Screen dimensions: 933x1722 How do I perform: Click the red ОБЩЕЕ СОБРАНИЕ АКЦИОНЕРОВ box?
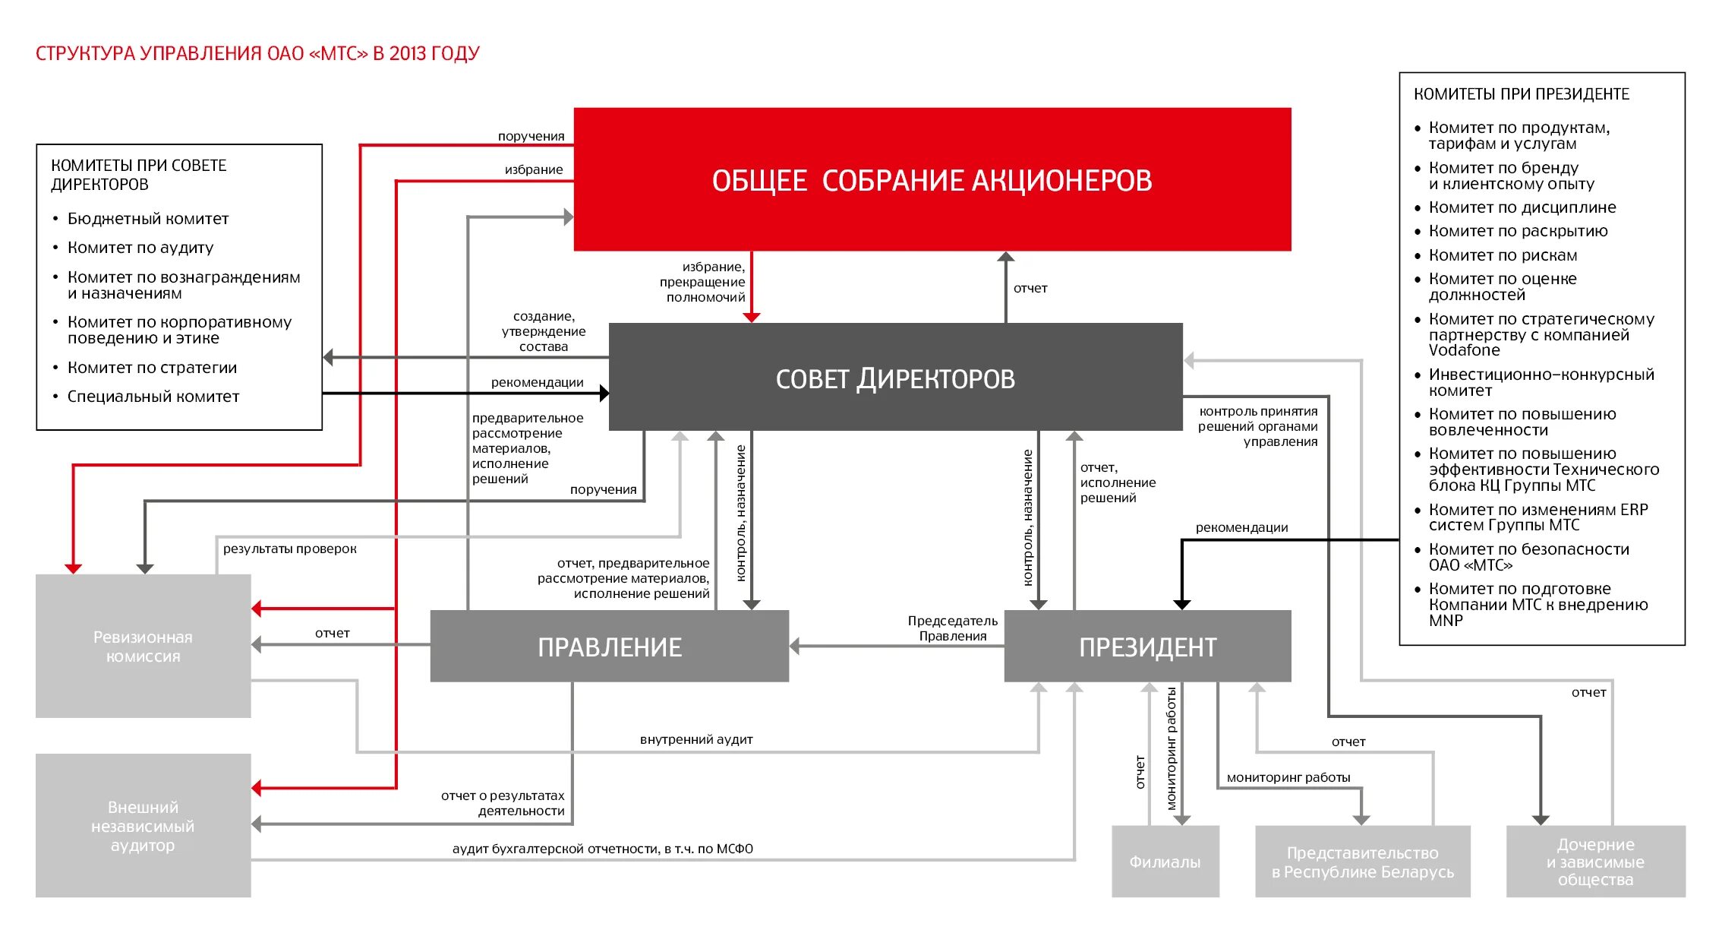pyautogui.click(x=932, y=179)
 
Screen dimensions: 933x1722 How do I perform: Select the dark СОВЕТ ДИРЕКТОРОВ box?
pyautogui.click(x=895, y=378)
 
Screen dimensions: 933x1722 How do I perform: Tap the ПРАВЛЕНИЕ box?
pyautogui.click(x=609, y=646)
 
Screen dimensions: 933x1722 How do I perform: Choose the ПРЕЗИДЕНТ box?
pyautogui.click(x=1147, y=646)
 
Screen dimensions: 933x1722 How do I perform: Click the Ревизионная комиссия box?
pyautogui.click(x=143, y=646)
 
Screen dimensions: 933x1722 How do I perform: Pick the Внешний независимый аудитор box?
pyautogui.click(x=143, y=825)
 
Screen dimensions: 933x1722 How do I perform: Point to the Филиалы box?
pyautogui.click(x=1165, y=862)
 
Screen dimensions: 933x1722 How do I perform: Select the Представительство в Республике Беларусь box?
pyautogui.click(x=1362, y=862)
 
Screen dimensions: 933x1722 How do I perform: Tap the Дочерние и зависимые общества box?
pyautogui.click(x=1595, y=862)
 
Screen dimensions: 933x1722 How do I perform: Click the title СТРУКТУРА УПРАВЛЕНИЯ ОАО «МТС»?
pyautogui.click(x=257, y=54)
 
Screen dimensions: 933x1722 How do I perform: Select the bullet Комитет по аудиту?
pyautogui.click(x=140, y=248)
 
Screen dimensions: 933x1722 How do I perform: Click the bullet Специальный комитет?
pyautogui.click(x=153, y=397)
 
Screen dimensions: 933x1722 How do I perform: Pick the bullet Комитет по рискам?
pyautogui.click(x=1503, y=255)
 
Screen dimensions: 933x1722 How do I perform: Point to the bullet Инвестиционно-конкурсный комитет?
pyautogui.click(x=1541, y=382)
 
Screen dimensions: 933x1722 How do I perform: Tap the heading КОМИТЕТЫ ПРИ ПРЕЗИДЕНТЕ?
pyautogui.click(x=1521, y=94)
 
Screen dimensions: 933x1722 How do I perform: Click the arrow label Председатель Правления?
pyautogui.click(x=952, y=628)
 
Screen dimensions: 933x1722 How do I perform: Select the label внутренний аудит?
pyautogui.click(x=696, y=739)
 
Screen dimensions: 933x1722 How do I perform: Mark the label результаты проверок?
pyautogui.click(x=289, y=549)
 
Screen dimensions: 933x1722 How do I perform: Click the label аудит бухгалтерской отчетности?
pyautogui.click(x=602, y=849)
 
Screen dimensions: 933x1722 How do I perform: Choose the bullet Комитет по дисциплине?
pyautogui.click(x=1522, y=207)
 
